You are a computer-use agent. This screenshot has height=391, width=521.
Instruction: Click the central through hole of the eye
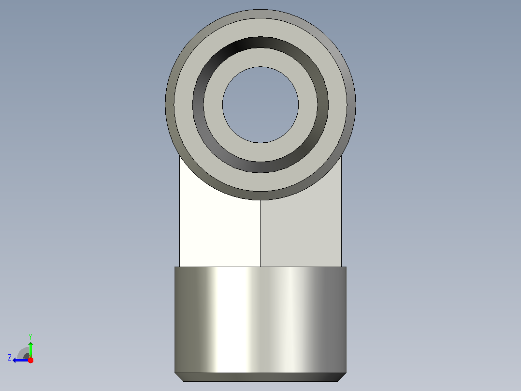point(260,105)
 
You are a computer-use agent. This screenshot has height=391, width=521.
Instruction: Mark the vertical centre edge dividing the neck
point(260,233)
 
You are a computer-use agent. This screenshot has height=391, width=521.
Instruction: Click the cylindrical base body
point(260,320)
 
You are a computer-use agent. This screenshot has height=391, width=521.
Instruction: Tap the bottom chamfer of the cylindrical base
point(260,377)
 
